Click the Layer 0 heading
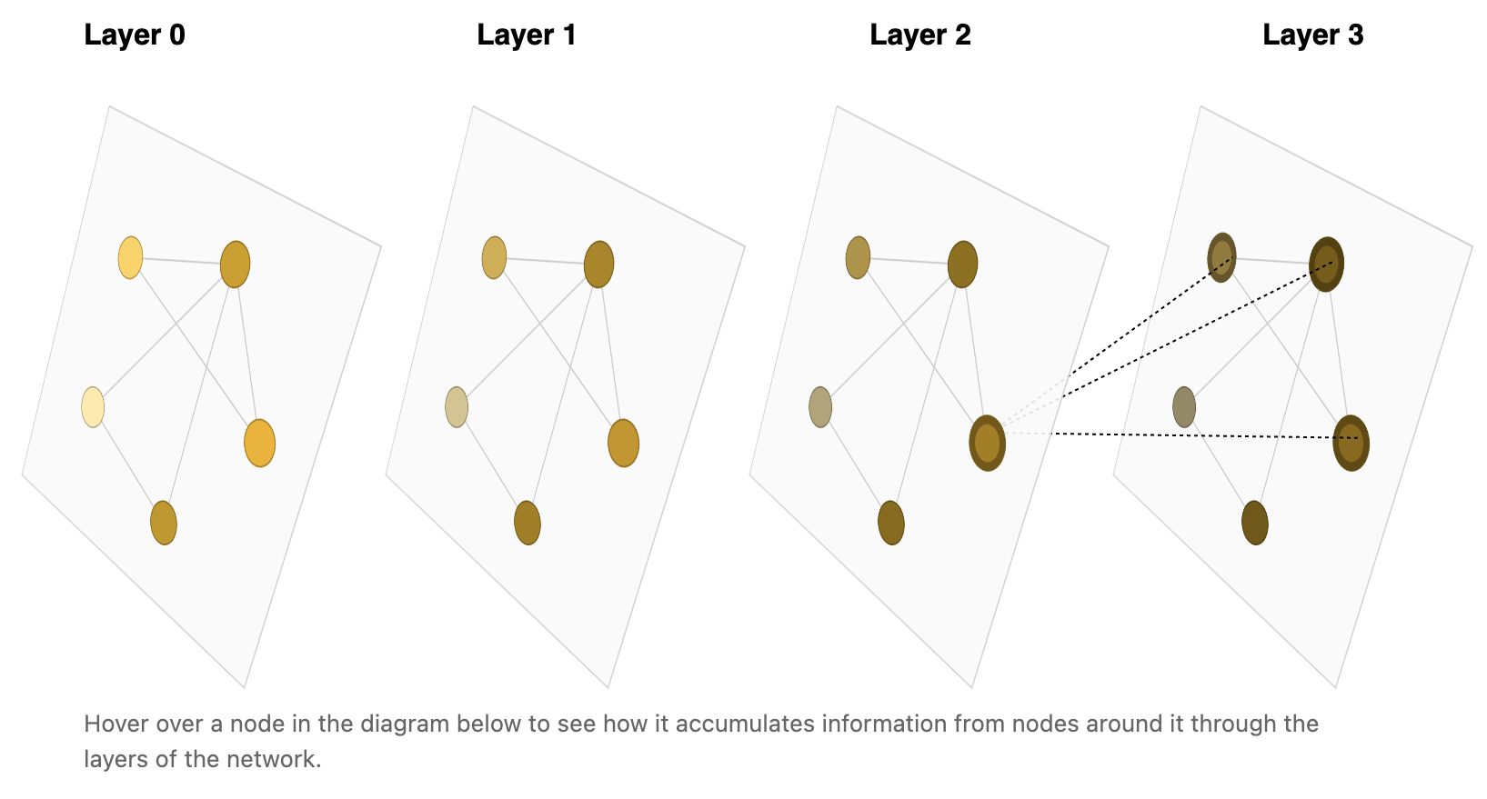pos(134,35)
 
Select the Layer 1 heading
pos(527,35)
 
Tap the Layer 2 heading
pos(920,35)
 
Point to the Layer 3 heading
pos(1313,35)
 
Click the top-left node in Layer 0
pos(130,257)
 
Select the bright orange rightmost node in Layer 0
pos(259,444)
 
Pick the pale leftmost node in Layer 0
pos(93,407)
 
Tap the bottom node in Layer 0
pos(164,523)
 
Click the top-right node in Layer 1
pos(598,265)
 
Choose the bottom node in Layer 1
pos(527,523)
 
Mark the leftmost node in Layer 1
pos(457,407)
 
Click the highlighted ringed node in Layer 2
pos(987,444)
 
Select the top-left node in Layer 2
pos(858,257)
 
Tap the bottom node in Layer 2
pos(891,523)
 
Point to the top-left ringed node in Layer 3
pos(1221,257)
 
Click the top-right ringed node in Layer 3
pos(1326,265)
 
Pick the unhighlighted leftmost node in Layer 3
pos(1184,407)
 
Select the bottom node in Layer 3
pos(1255,523)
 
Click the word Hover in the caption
pos(115,724)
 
